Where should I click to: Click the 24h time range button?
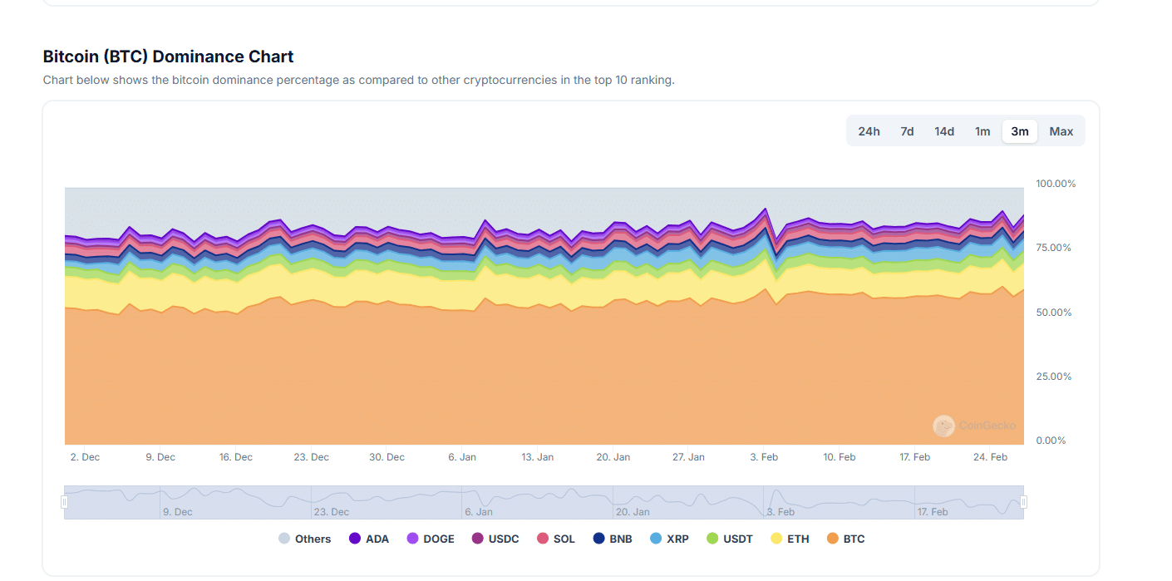point(869,131)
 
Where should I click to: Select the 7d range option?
point(907,131)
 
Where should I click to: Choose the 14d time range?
point(944,131)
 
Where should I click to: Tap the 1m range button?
point(982,131)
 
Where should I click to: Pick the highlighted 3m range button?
point(1020,131)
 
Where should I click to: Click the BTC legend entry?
point(846,539)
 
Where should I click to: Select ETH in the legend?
point(790,539)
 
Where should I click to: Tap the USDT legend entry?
point(729,539)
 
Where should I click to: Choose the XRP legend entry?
point(669,539)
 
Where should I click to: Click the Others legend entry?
point(304,539)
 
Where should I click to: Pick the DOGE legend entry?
point(431,539)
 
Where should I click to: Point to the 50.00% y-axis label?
point(1054,313)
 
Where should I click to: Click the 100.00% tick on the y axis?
point(1056,184)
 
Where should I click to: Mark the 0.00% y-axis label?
point(1051,441)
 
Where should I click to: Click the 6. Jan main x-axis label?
point(462,457)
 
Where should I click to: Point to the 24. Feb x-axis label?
point(991,457)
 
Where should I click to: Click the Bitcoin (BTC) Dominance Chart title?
point(168,57)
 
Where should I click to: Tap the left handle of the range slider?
point(64,502)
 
